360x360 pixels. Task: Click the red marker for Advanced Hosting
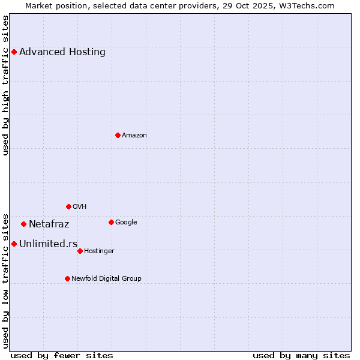14,52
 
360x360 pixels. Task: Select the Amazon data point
118,135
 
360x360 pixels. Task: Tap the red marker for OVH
68,206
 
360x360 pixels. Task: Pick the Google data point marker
111,222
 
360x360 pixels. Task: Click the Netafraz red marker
23,224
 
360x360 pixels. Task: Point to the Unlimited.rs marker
14,244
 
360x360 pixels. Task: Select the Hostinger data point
80,251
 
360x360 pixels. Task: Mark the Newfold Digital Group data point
67,278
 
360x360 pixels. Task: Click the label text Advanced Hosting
62,52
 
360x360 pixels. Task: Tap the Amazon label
134,135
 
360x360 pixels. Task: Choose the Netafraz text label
49,224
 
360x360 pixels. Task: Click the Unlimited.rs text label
49,244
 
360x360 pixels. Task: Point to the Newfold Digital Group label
107,278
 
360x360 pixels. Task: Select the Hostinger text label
100,251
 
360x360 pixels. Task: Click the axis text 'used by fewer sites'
62,355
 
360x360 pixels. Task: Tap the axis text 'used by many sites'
301,355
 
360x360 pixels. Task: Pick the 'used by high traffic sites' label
6,85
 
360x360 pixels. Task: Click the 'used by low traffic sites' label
6,280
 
